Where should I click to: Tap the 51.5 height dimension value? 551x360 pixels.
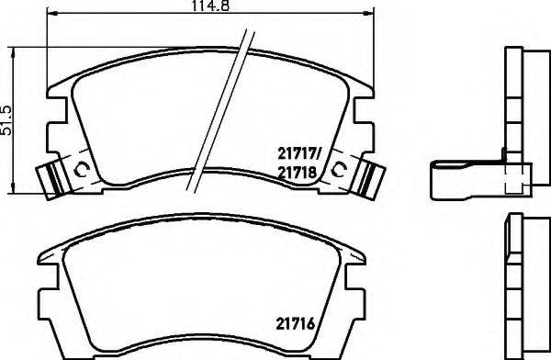pyautogui.click(x=8, y=120)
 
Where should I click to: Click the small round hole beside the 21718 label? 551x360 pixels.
pyautogui.click(x=342, y=168)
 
